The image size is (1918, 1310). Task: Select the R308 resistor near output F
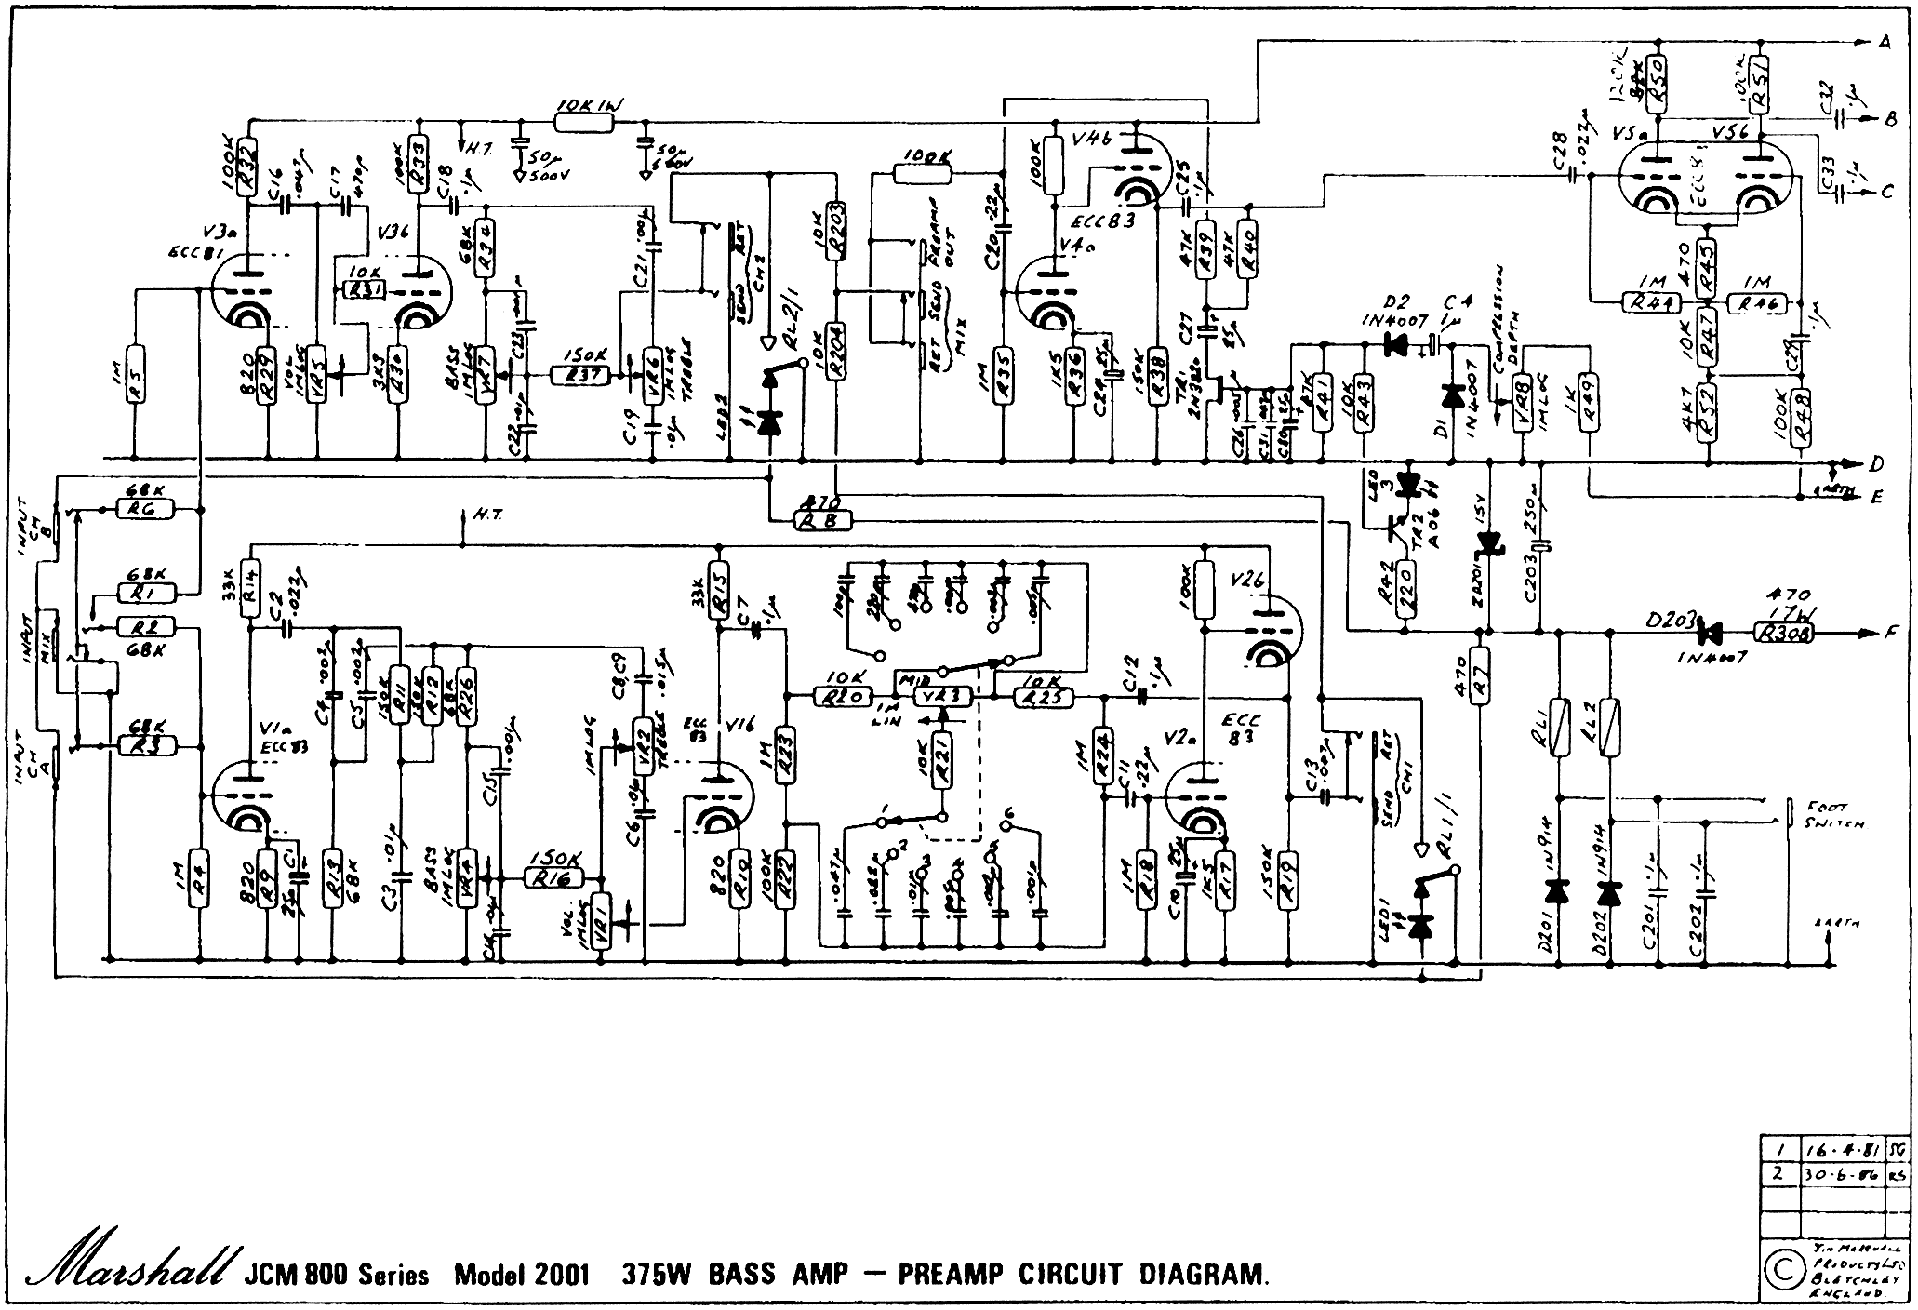click(1779, 633)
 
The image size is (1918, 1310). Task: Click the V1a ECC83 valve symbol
click(247, 802)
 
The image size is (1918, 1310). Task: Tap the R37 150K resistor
click(580, 375)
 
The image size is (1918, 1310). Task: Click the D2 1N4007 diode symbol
click(1395, 345)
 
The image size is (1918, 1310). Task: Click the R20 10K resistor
click(843, 696)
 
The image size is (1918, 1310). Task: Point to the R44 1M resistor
click(1651, 301)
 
